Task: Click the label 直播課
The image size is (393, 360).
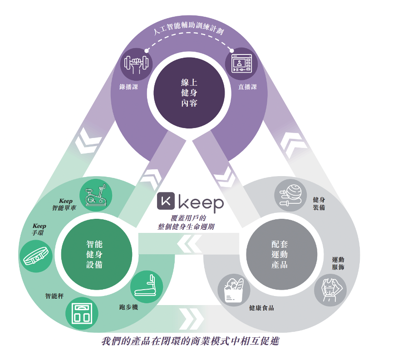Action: pos(247,87)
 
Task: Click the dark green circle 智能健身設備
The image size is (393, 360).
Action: pos(96,255)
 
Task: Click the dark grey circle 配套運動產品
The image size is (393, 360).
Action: pos(281,255)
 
